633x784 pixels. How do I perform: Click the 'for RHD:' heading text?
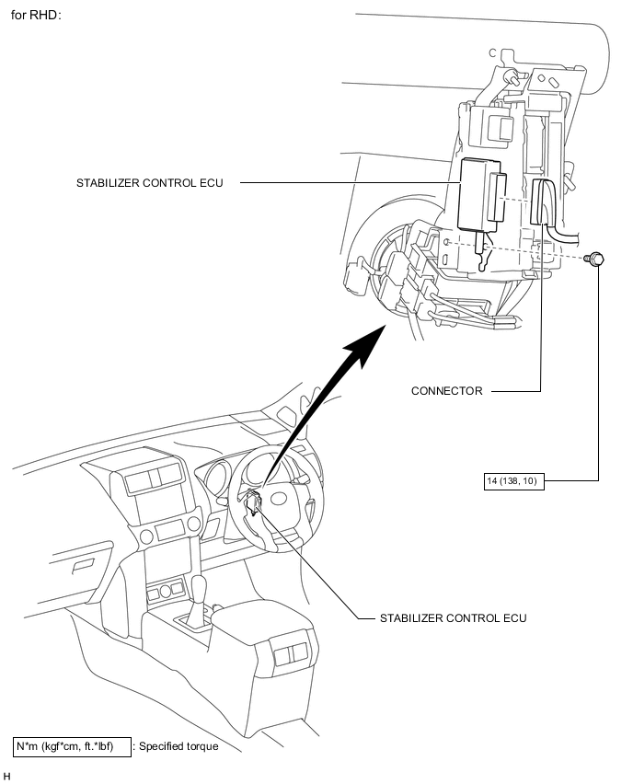coord(36,15)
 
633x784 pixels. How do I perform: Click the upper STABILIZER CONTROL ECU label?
coord(149,183)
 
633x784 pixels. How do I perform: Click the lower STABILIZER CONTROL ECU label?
coord(453,618)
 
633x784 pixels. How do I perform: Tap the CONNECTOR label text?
coord(446,391)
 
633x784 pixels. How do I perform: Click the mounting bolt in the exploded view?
coord(595,259)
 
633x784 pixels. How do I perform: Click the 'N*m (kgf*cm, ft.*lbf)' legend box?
coord(72,746)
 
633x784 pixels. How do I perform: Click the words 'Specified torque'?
coord(178,746)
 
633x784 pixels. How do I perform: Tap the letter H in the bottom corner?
coord(6,776)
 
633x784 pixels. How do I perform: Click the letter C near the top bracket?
coord(492,53)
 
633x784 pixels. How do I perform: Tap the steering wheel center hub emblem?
coord(279,499)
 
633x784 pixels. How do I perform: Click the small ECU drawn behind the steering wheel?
coord(254,502)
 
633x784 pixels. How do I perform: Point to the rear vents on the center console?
coord(292,653)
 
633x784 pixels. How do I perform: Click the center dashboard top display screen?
coord(153,477)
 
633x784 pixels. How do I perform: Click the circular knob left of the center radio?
coord(146,536)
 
